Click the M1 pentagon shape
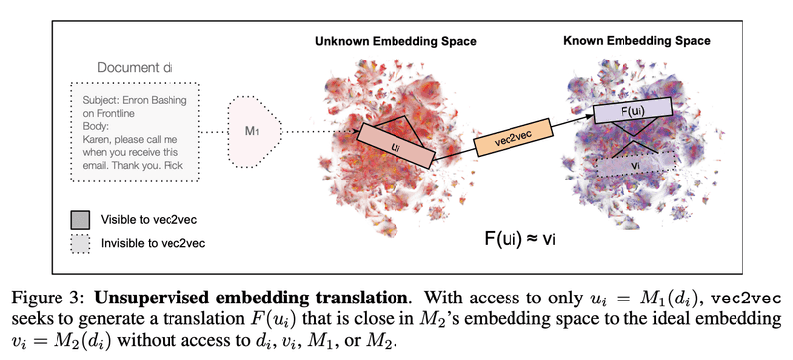coord(252,130)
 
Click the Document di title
coord(132,66)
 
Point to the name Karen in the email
coord(98,140)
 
